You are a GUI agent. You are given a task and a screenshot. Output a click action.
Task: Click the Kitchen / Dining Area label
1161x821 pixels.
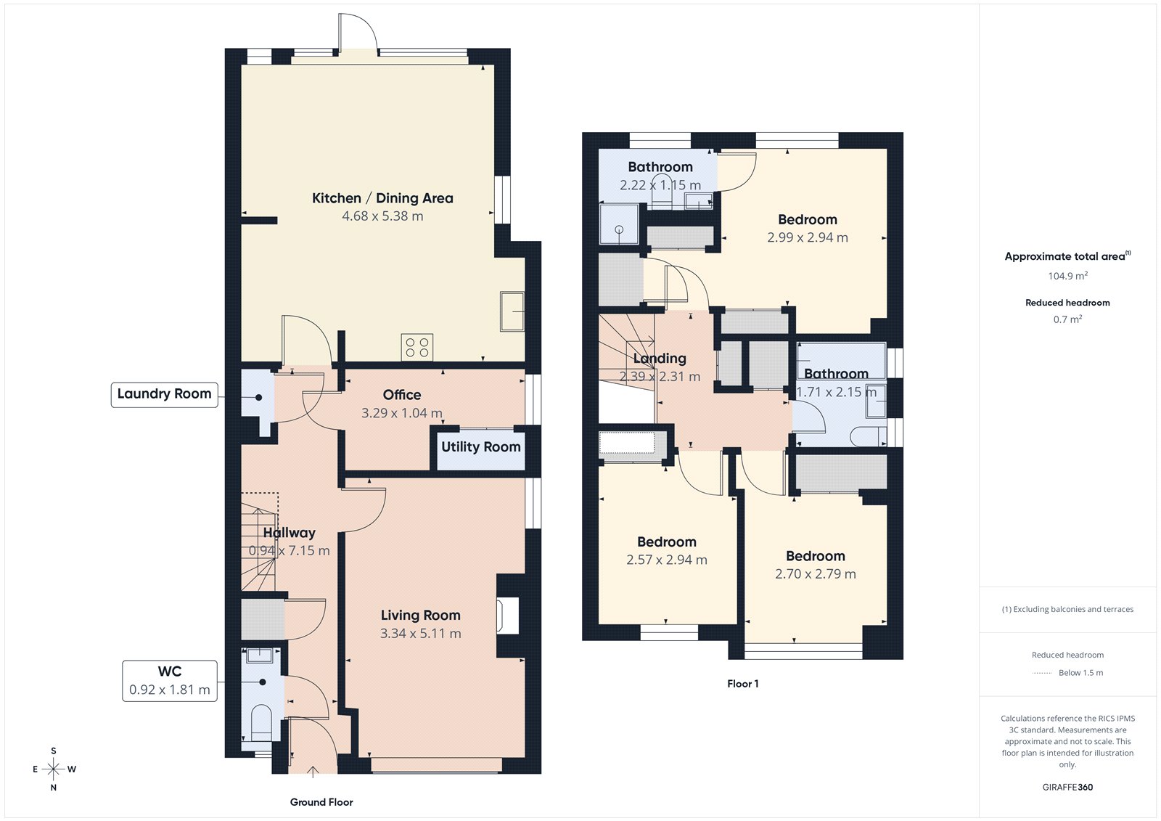pyautogui.click(x=382, y=198)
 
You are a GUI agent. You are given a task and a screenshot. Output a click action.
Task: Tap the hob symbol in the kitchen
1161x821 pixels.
pyautogui.click(x=417, y=347)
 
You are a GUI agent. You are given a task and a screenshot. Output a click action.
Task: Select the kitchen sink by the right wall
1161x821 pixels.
pyautogui.click(x=512, y=311)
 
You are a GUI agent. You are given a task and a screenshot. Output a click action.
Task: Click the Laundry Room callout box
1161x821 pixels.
pyautogui.click(x=164, y=394)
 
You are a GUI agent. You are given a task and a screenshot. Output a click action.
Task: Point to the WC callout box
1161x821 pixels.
pyautogui.click(x=170, y=681)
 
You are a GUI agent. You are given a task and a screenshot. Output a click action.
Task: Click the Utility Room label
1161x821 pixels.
pyautogui.click(x=480, y=447)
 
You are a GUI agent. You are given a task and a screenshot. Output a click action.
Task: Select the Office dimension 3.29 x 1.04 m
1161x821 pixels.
pyautogui.click(x=402, y=413)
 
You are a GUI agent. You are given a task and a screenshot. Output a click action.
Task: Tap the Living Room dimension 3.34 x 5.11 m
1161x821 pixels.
pyautogui.click(x=421, y=634)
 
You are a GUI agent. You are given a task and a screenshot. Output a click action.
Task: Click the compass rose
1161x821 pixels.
pyautogui.click(x=54, y=769)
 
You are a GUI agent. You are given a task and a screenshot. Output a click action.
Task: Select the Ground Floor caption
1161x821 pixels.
pyautogui.click(x=321, y=802)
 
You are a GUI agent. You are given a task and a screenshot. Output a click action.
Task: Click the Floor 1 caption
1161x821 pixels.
pyautogui.click(x=743, y=684)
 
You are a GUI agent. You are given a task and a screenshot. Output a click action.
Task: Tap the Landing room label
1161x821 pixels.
pyautogui.click(x=660, y=359)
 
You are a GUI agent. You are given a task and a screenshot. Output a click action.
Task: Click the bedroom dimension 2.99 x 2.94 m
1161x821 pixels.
pyautogui.click(x=808, y=237)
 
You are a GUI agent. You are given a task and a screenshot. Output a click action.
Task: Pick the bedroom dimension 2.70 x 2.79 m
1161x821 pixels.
pyautogui.click(x=816, y=574)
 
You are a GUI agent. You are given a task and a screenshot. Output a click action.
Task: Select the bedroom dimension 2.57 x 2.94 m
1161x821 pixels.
pyautogui.click(x=667, y=560)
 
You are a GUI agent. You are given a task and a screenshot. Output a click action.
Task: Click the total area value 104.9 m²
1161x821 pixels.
pyautogui.click(x=1067, y=276)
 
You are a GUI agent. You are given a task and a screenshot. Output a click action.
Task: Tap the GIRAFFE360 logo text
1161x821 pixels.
pyautogui.click(x=1067, y=787)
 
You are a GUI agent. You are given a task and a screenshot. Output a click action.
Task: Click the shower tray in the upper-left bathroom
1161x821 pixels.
pyautogui.click(x=619, y=224)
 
